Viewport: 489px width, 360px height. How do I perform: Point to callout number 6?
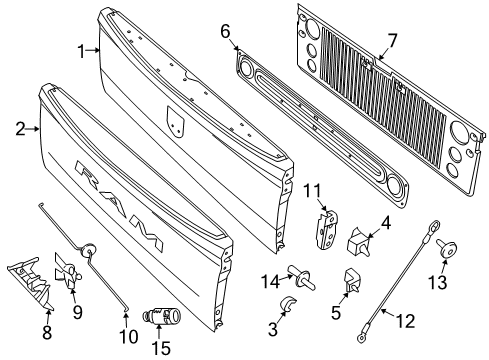[x=226, y=31]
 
